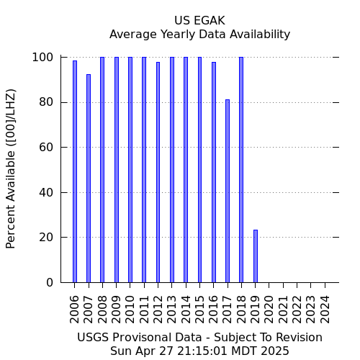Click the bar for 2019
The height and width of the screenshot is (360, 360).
(256, 256)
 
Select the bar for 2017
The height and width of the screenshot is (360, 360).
(228, 191)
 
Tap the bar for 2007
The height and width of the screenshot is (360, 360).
(89, 179)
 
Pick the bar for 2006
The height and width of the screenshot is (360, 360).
(75, 171)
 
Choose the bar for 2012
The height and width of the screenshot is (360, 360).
(158, 172)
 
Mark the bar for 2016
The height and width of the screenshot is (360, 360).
(214, 172)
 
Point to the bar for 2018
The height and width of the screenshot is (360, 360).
(241, 170)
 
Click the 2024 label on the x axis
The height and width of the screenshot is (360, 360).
(325, 310)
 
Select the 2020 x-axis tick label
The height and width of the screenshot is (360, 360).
(269, 310)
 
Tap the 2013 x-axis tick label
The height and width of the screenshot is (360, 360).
(172, 310)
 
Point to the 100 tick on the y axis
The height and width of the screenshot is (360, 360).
(42, 58)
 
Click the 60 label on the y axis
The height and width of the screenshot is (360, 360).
(46, 147)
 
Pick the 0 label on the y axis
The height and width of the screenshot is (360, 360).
(50, 282)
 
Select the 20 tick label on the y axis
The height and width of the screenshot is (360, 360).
(46, 238)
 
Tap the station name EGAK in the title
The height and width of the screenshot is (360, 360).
(210, 21)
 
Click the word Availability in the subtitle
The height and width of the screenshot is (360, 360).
(260, 35)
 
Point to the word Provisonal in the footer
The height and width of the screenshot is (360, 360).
(157, 337)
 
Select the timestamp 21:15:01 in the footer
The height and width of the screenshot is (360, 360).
(202, 351)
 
